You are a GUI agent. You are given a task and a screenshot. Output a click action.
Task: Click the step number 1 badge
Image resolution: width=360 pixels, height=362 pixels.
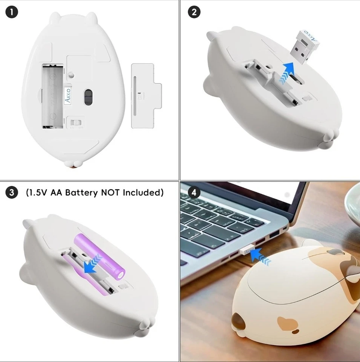click(x=12, y=12)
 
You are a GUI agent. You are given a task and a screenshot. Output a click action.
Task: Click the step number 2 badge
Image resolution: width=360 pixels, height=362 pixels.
click(x=194, y=12)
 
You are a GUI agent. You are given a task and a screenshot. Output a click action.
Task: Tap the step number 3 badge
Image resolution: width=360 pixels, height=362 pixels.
click(x=12, y=193)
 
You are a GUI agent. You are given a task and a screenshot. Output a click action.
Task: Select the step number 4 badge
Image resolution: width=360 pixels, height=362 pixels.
click(x=194, y=193)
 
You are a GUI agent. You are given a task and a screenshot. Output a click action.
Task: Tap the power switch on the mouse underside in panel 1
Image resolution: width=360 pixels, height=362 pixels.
click(x=77, y=123)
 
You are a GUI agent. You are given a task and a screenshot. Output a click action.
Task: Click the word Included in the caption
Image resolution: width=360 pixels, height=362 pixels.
click(x=144, y=193)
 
